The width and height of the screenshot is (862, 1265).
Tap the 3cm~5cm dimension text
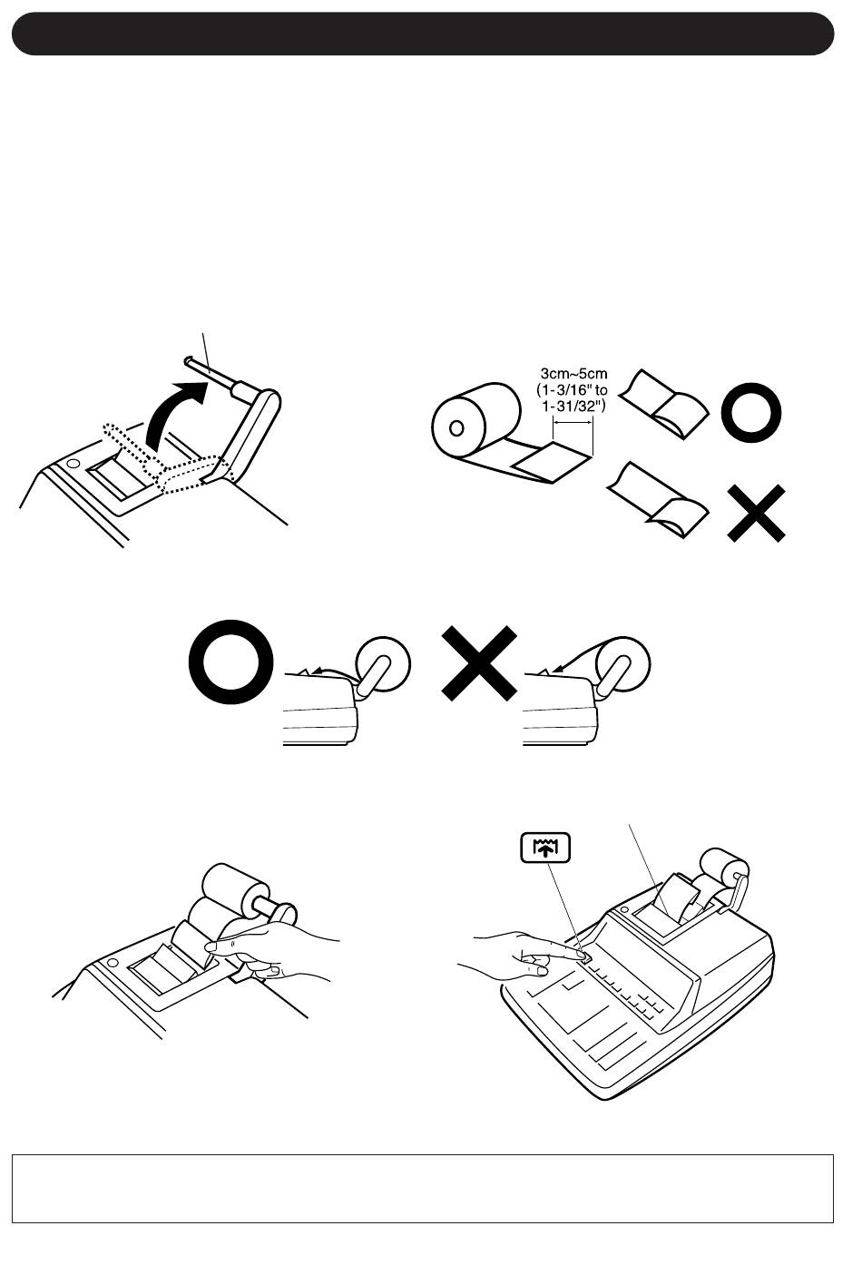coord(573,374)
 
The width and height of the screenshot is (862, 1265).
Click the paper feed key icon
coord(545,848)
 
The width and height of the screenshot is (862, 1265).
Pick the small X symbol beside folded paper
coord(756,513)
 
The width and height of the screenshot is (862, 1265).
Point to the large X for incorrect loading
coord(479,663)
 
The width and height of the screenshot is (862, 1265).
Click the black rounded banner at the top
coord(423,34)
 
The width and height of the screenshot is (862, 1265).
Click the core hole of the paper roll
coord(456,427)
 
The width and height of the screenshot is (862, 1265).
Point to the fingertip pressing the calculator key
coord(581,954)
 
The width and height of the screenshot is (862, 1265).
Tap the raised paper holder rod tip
coord(188,359)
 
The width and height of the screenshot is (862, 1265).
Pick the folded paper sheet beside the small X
coord(658,499)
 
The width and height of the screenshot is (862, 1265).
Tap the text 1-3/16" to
coord(572,389)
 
